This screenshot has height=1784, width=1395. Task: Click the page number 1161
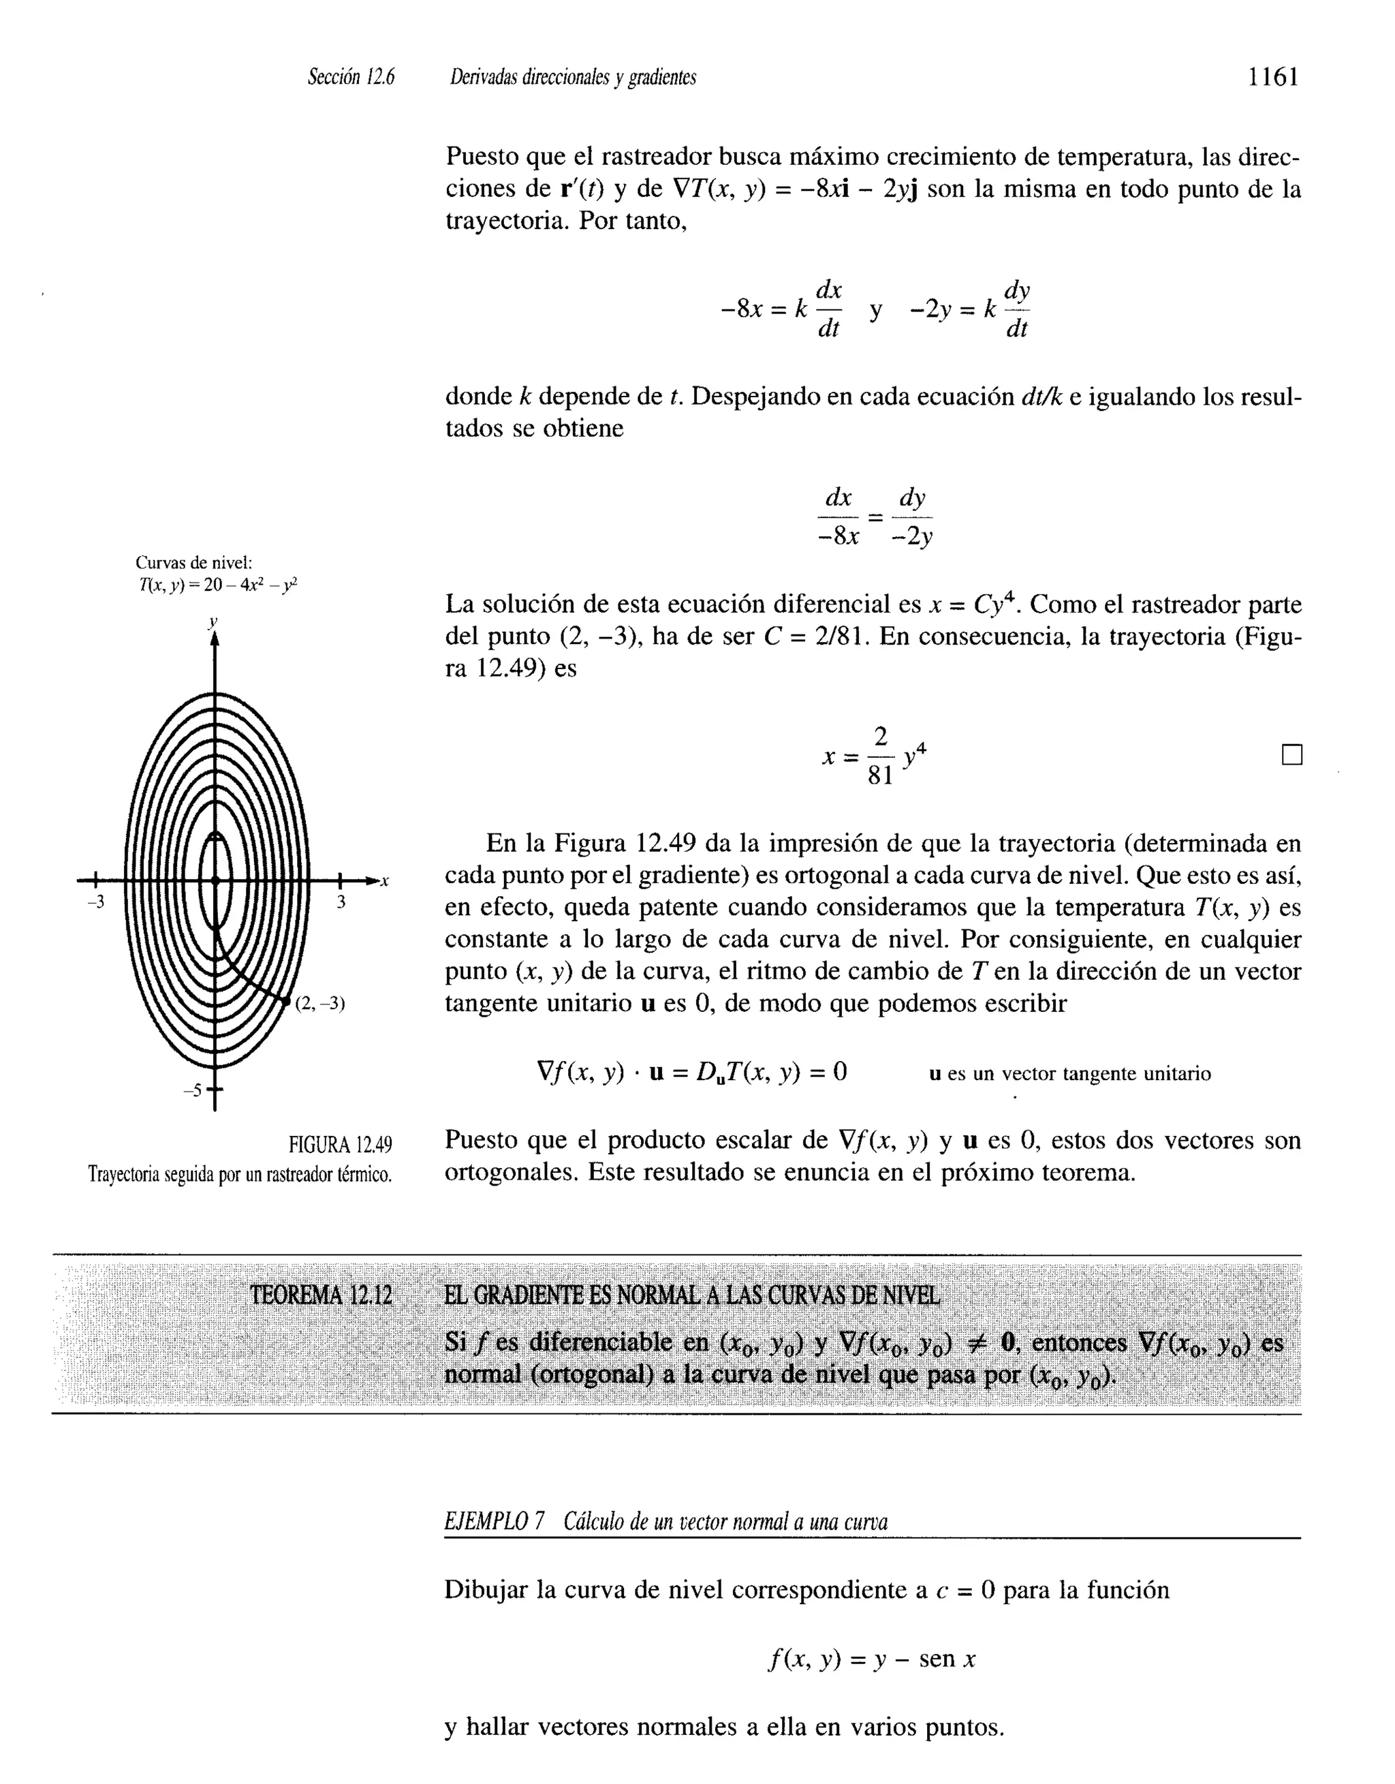tap(1272, 78)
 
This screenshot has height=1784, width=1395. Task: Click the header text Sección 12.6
tap(350, 78)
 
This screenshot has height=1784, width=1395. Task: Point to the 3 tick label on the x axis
tap(341, 902)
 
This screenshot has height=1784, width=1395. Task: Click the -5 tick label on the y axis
tap(193, 1090)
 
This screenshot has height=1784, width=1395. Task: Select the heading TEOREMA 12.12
tap(321, 1295)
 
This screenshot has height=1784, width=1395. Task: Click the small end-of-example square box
tap(1291, 755)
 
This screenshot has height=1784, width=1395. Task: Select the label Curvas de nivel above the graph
tap(193, 562)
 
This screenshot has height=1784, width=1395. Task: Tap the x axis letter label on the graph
tap(385, 880)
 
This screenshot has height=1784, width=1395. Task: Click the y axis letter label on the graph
tap(213, 621)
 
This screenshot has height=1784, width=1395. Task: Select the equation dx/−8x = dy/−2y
tap(875, 517)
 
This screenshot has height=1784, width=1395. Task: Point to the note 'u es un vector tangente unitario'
tap(1070, 1073)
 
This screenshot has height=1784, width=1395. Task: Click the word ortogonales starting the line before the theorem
tap(509, 1172)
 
